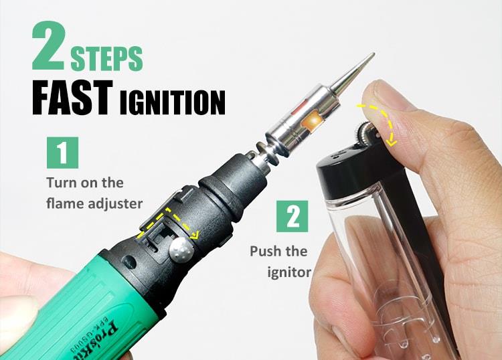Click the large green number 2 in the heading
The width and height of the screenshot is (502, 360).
click(49, 46)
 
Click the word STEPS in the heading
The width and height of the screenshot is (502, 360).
click(106, 58)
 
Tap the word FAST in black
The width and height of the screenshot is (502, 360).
click(72, 97)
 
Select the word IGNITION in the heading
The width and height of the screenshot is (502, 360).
click(173, 102)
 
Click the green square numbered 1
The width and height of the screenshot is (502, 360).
click(62, 153)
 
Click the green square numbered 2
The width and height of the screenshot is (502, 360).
click(292, 216)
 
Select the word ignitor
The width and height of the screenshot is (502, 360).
click(289, 272)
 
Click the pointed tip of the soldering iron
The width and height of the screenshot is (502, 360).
click(373, 54)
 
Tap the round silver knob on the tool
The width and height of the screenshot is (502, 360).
click(181, 249)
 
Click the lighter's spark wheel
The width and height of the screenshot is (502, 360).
click(367, 131)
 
